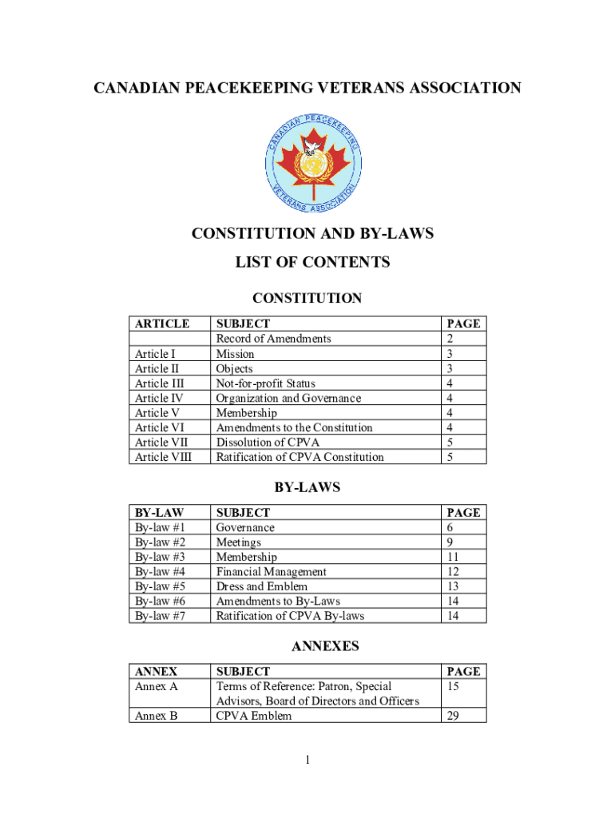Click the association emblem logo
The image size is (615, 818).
coord(313,161)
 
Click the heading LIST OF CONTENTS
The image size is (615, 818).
coord(312,262)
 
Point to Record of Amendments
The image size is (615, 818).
coord(273,339)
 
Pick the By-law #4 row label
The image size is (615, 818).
coord(161,572)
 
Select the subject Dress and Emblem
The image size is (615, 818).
coord(262,586)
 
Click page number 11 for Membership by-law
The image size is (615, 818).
coord(454,557)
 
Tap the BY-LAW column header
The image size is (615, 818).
coord(159,513)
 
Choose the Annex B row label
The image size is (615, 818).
coord(157,716)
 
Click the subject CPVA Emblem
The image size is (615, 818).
coord(254,716)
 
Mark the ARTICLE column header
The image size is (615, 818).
coord(162,324)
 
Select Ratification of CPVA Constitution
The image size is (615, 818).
coord(300,457)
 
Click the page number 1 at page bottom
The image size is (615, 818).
coord(307,760)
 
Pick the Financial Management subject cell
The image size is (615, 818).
coord(271,572)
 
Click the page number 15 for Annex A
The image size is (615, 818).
coord(454,686)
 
